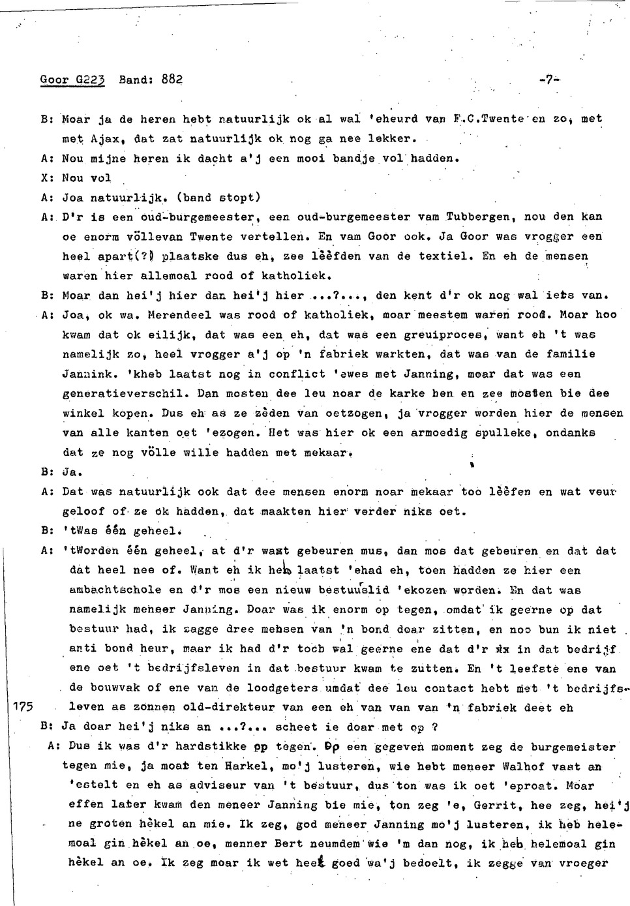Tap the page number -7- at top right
click(x=550, y=80)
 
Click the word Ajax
click(x=104, y=139)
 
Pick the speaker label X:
click(x=46, y=178)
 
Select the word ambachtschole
click(x=116, y=590)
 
